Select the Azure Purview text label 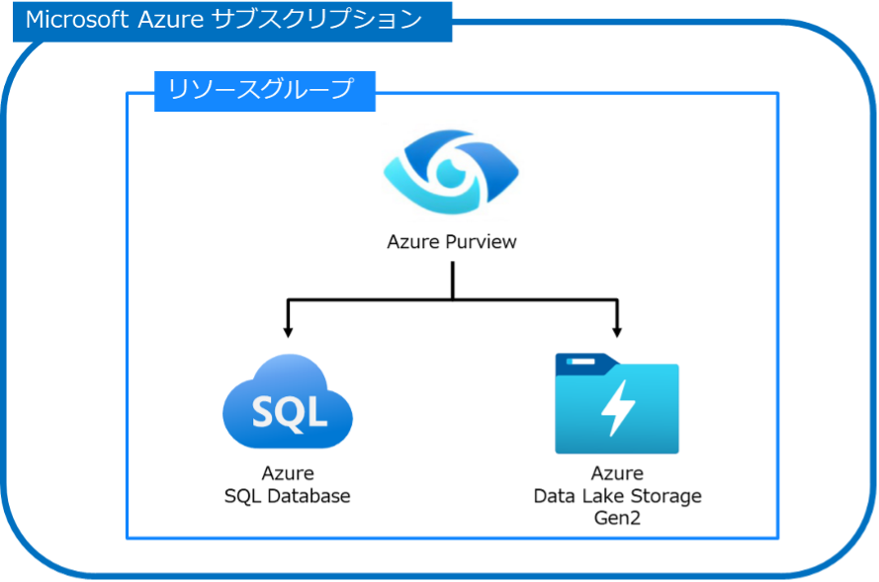click(452, 242)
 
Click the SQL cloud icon click(288, 401)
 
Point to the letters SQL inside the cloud click(290, 413)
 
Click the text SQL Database click(288, 496)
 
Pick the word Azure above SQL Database click(288, 473)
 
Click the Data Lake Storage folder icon click(617, 403)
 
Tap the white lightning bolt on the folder click(617, 408)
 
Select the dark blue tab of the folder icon click(585, 364)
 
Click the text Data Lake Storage click(617, 496)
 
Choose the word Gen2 click(617, 518)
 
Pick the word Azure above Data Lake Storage click(617, 473)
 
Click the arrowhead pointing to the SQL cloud click(288, 332)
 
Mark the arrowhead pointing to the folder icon click(617, 332)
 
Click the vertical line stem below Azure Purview click(453, 281)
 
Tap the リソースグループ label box click(265, 91)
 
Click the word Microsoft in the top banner click(77, 20)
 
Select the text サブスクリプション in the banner click(317, 19)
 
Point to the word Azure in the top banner click(170, 20)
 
